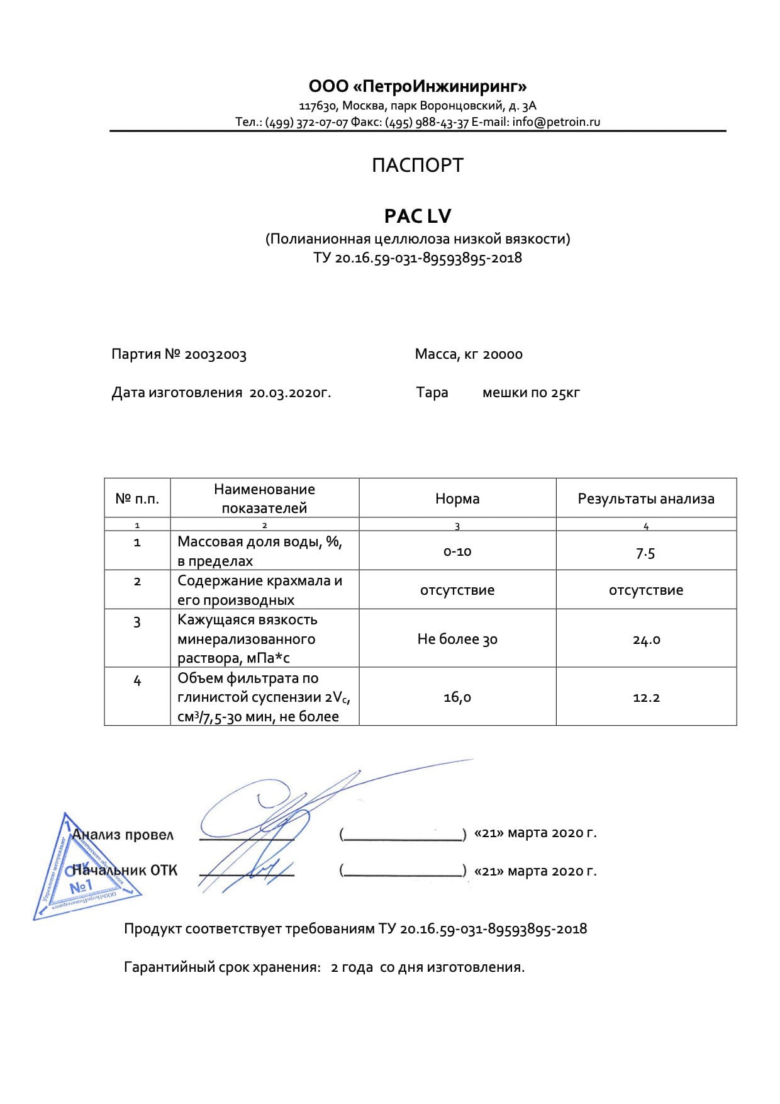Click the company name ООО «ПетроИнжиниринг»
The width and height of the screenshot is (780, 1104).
(417, 86)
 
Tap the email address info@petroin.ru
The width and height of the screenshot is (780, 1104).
(556, 122)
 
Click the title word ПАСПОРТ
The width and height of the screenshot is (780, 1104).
(417, 166)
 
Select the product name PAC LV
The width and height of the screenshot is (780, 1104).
(417, 216)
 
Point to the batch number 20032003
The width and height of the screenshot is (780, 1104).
(215, 354)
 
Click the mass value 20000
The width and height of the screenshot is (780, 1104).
(503, 354)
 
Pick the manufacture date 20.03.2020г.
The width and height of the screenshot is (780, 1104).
(290, 393)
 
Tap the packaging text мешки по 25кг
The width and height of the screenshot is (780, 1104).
(531, 393)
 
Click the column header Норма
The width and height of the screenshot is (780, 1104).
(457, 498)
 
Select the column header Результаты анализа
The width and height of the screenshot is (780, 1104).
(646, 498)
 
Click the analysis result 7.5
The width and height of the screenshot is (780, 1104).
(645, 553)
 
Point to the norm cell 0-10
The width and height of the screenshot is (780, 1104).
(457, 552)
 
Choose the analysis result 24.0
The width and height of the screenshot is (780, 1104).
(646, 640)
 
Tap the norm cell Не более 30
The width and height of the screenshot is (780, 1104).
(457, 639)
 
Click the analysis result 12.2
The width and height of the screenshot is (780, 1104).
(646, 697)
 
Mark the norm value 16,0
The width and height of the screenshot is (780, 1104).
(457, 697)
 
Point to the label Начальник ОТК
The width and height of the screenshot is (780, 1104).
(125, 870)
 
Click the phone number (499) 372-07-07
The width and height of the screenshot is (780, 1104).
(306, 122)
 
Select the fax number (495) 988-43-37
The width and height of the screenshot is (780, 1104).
(427, 122)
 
